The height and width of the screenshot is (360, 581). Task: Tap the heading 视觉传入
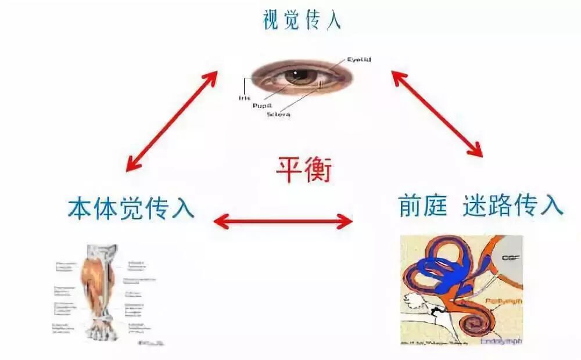pyautogui.click(x=302, y=20)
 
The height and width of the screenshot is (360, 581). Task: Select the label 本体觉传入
pyautogui.click(x=131, y=207)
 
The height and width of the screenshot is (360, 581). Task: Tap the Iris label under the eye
pyautogui.click(x=244, y=98)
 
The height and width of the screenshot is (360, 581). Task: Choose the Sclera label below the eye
pyautogui.click(x=279, y=115)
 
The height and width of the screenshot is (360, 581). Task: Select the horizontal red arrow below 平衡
pyautogui.click(x=284, y=221)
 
